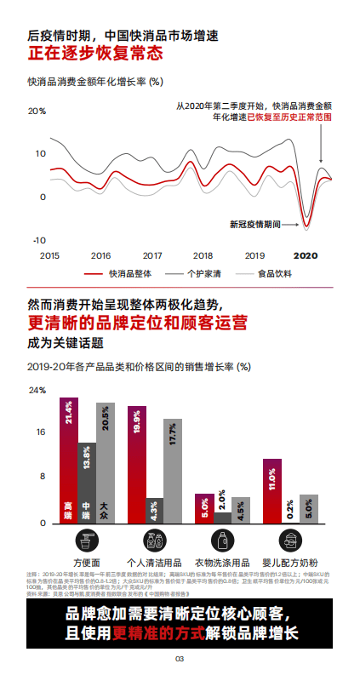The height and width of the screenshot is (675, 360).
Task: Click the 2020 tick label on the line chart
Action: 306,255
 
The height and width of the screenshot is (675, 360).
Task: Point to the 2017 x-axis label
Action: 152,255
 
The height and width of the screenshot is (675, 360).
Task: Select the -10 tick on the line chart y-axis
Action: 38,241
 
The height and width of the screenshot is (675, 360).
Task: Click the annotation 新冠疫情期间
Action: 255,225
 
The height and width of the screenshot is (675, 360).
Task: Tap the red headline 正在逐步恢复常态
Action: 94,54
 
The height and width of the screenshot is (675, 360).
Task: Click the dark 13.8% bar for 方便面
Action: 87,482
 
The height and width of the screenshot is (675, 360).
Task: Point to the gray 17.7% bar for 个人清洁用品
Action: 173,471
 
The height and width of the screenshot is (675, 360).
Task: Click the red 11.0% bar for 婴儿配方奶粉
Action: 272,490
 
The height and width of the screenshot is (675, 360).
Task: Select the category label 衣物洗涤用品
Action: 222,563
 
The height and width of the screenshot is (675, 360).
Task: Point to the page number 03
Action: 180,659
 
